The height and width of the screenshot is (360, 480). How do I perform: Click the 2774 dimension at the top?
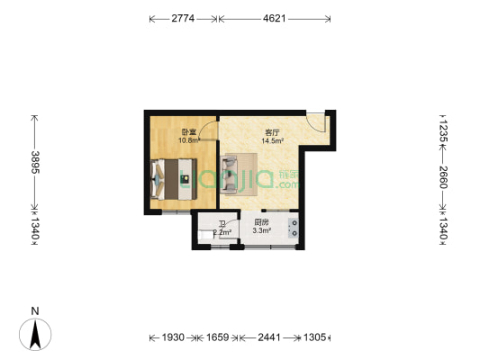[185, 17]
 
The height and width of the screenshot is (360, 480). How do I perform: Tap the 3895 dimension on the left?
[34, 164]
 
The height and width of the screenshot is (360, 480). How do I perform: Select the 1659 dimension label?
[214, 337]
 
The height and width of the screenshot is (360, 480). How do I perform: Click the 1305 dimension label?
[312, 337]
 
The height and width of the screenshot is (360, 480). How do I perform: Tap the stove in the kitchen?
[293, 228]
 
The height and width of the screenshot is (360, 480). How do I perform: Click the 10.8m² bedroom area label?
[188, 139]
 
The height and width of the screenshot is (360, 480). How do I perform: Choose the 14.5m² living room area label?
[273, 140]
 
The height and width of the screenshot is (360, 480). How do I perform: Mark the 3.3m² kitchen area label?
[261, 231]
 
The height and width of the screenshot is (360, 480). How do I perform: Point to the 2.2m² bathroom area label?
[222, 232]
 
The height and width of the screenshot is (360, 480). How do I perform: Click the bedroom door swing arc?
[207, 134]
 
